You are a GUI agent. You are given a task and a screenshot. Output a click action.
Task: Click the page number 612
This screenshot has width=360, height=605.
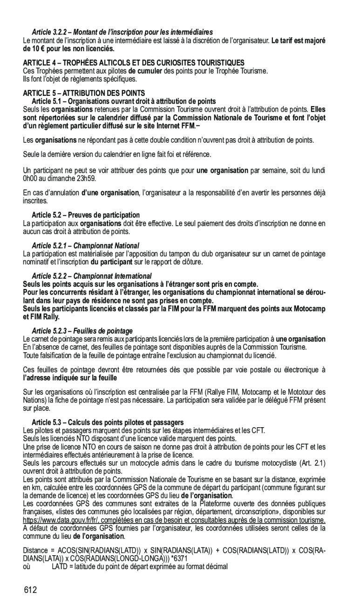pyautogui.click(x=31, y=591)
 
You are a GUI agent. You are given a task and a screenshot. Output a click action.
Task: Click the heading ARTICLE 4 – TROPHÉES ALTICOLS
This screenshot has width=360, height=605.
pyautogui.click(x=133, y=62)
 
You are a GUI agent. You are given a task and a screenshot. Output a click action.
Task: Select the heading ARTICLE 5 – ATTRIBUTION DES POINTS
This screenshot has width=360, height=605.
pyautogui.click(x=84, y=94)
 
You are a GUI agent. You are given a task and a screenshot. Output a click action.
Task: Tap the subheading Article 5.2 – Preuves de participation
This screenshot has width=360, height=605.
pyautogui.click(x=85, y=215)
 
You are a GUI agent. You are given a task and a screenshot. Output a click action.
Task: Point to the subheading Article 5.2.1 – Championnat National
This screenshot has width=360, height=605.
pyautogui.click(x=85, y=245)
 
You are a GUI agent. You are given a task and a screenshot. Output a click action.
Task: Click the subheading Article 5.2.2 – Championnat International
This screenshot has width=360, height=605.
pyautogui.click(x=91, y=276)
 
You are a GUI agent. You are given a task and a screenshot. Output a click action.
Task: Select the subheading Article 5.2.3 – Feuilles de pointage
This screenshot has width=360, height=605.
pyautogui.click(x=82, y=331)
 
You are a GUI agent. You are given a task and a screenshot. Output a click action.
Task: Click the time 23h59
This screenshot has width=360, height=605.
pyautogui.click(x=87, y=178)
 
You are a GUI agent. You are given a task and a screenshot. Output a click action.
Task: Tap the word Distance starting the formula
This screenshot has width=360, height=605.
pyautogui.click(x=35, y=551)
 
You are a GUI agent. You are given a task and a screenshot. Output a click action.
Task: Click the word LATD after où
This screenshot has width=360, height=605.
pyautogui.click(x=60, y=566)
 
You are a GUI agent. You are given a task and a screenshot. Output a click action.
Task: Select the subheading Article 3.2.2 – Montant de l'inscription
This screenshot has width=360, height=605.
pyautogui.click(x=122, y=32)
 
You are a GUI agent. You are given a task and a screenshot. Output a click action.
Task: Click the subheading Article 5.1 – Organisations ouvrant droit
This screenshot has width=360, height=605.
pyautogui.click(x=123, y=101)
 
